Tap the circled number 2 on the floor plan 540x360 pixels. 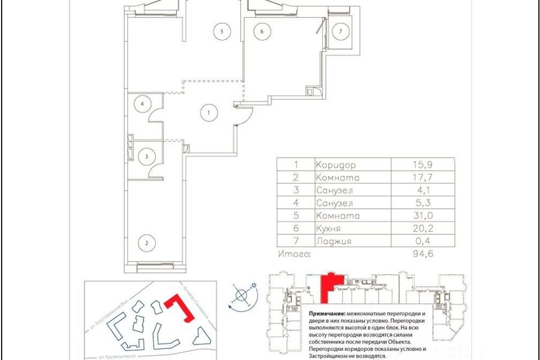coord(147,243)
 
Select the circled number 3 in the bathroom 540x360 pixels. coord(146,157)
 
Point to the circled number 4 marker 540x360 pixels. coord(143,104)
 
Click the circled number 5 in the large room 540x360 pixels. coord(223,31)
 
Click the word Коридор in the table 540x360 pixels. coord(337,165)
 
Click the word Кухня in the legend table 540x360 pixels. coord(332,228)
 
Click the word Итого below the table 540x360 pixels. coord(295,254)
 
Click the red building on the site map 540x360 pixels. coord(183,310)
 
